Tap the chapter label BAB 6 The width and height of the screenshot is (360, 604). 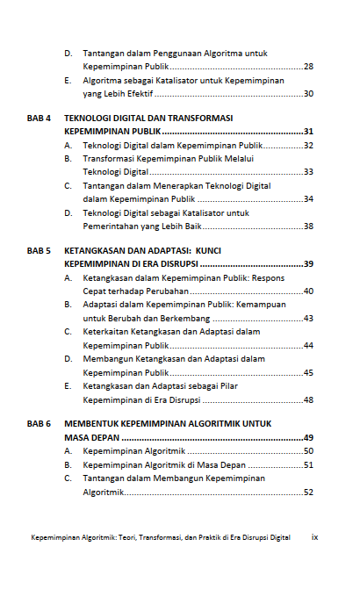(x=39, y=424)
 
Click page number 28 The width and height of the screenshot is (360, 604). (x=308, y=67)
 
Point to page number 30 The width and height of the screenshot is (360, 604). (x=308, y=94)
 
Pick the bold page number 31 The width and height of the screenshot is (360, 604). (x=308, y=132)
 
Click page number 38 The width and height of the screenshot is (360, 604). (x=308, y=226)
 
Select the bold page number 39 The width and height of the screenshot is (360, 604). (x=308, y=264)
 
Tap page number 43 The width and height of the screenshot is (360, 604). (x=308, y=318)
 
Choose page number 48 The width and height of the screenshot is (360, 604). (x=308, y=399)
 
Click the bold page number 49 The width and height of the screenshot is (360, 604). (x=308, y=437)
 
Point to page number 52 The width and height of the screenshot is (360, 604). (x=308, y=493)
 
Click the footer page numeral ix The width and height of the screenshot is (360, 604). (x=314, y=537)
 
